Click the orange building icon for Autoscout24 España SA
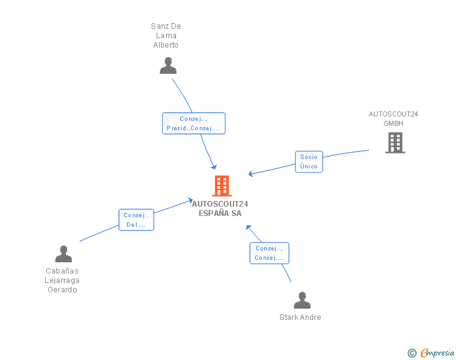coord(221,186)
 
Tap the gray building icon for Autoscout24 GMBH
coord(395,143)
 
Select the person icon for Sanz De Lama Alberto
coord(168,66)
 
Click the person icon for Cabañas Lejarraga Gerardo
coord(63,254)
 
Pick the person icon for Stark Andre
coord(302,301)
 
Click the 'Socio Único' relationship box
coord(309,162)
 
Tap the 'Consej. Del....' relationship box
coord(136,220)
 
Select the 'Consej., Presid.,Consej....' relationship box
coord(194,123)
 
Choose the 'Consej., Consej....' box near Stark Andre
coord(269,253)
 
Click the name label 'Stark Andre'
coord(300,317)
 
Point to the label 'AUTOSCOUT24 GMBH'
coord(393,119)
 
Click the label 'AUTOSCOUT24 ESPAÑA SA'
coord(220,208)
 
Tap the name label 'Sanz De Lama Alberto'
coord(166,36)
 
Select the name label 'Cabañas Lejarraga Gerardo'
coord(63,280)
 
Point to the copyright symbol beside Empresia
coord(412,353)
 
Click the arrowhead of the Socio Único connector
coord(251,174)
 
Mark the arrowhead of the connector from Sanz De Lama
coord(214,167)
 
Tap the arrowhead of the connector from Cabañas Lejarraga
coord(190,200)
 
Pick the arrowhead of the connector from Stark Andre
coord(248,227)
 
